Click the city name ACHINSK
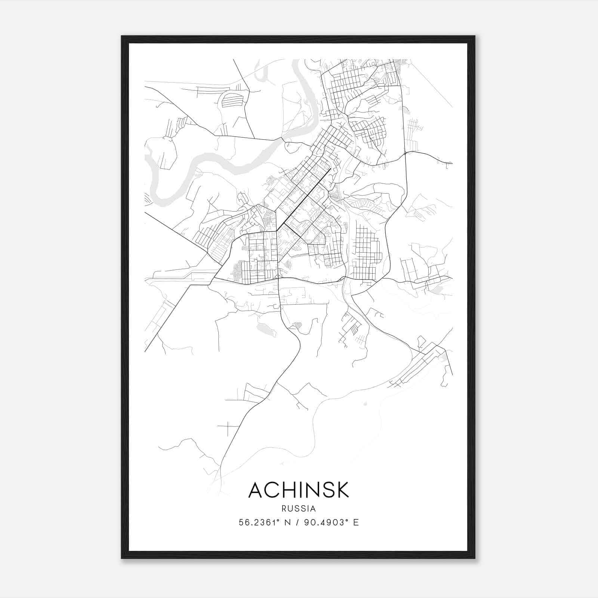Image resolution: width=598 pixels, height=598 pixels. [299, 490]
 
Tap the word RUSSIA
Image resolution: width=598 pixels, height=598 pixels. [299, 509]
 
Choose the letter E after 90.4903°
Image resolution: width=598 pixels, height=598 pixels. [356, 523]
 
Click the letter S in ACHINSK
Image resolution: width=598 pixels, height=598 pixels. [326, 490]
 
